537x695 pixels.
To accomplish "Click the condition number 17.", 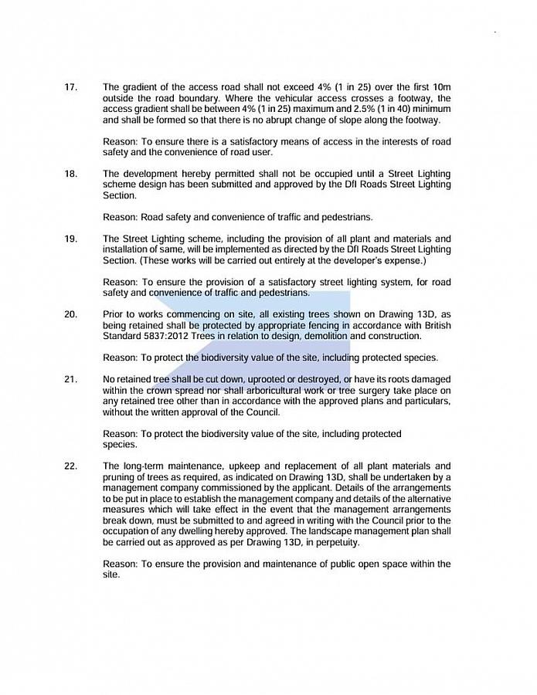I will (x=70, y=87).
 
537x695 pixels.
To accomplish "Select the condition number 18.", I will (x=70, y=174).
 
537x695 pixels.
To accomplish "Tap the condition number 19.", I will (x=70, y=239).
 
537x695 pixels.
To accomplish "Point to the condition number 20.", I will (x=70, y=314).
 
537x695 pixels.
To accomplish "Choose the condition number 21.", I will (x=70, y=379).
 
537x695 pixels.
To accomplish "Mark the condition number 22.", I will (x=70, y=466).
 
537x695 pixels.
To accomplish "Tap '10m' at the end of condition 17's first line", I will (x=440, y=87).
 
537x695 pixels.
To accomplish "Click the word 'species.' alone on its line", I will (x=121, y=445).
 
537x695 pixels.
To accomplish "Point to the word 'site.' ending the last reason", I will (x=111, y=575).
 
